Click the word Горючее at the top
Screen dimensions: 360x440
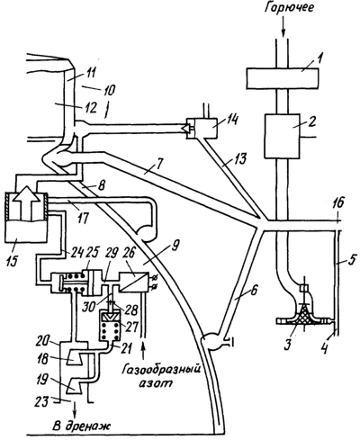pos(289,8)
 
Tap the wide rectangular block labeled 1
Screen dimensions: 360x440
pos(282,78)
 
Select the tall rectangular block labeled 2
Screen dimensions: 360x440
pos(282,136)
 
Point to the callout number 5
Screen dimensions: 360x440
pos(349,257)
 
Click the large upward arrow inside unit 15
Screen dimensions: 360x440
pos(26,203)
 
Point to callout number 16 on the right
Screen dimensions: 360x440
pos(338,203)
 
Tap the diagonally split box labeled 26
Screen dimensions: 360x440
pos(134,282)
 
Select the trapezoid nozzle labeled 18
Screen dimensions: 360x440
pos(74,357)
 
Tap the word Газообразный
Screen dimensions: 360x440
pos(160,370)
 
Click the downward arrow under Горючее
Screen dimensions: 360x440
pos(283,29)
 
